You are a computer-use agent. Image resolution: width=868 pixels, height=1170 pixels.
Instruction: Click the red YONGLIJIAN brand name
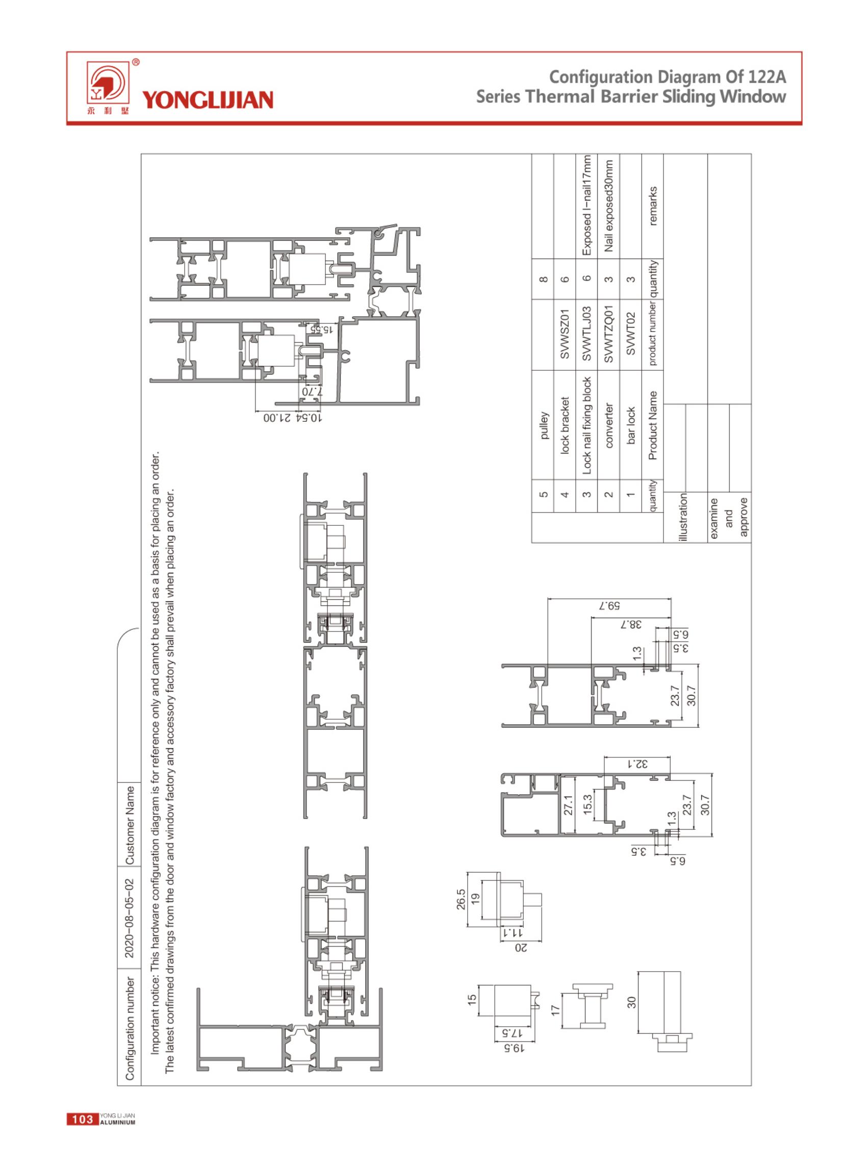point(208,100)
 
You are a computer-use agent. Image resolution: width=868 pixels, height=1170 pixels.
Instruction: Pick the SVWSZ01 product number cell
point(565,334)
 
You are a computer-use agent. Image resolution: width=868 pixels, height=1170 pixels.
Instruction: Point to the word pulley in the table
point(544,425)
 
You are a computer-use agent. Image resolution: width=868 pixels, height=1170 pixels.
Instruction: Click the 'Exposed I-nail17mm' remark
point(587,206)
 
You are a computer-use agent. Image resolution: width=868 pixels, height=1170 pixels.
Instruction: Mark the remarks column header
point(653,206)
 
